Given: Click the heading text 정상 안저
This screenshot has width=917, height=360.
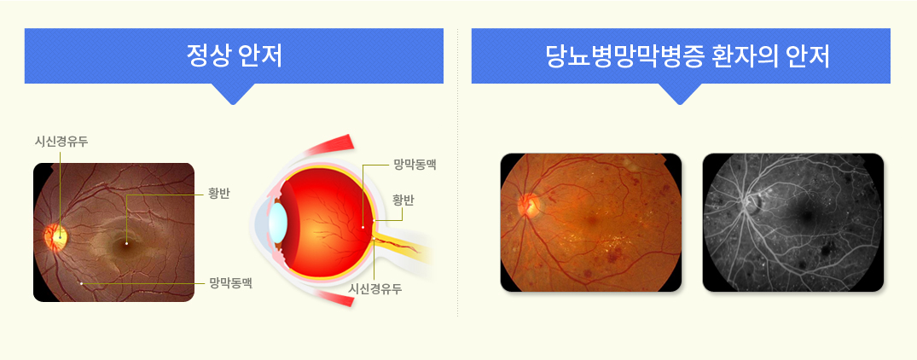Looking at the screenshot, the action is tap(234, 56).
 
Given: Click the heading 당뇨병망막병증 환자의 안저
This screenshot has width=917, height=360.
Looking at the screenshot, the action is tap(681, 56).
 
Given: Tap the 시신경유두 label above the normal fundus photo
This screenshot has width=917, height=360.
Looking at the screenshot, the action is tap(61, 142).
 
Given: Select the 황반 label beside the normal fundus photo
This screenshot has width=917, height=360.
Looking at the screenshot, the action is tap(219, 194).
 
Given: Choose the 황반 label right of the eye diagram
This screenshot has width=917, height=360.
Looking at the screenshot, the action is tap(403, 200).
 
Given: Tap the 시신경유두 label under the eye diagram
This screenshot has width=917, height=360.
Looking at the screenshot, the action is tap(375, 288).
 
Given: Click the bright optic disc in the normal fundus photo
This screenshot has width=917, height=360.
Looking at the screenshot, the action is tap(57, 236).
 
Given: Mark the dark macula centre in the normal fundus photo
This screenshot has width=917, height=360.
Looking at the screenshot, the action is tap(125, 242).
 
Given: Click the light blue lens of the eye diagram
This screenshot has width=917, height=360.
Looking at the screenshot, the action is tap(278, 222).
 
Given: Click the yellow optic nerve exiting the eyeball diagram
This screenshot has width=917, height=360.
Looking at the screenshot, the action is tap(403, 247).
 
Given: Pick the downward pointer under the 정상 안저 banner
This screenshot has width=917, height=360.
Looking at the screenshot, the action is tap(234, 94).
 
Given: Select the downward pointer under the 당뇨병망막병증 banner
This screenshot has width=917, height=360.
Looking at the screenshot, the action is tap(680, 94).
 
